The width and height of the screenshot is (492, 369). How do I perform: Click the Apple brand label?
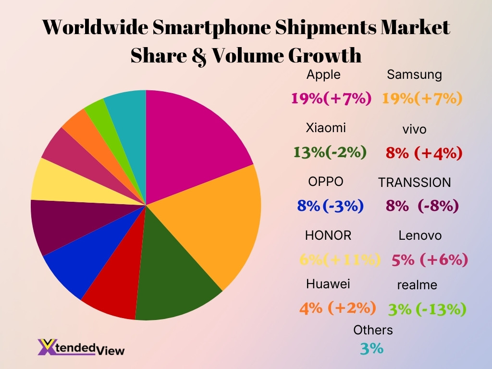pyautogui.click(x=323, y=74)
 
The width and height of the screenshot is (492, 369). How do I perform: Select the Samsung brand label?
pyautogui.click(x=414, y=74)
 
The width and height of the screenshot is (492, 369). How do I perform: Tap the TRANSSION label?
pyautogui.click(x=414, y=183)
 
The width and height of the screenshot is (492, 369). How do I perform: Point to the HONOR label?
pyautogui.click(x=328, y=235)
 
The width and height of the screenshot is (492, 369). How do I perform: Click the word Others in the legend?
pyautogui.click(x=373, y=330)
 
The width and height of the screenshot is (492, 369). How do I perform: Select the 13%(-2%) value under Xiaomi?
pyautogui.click(x=330, y=152)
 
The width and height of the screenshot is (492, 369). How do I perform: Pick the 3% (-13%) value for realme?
pyautogui.click(x=427, y=309)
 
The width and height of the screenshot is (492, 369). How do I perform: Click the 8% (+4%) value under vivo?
pyautogui.click(x=424, y=153)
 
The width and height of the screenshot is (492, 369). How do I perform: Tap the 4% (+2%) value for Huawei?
pyautogui.click(x=337, y=307)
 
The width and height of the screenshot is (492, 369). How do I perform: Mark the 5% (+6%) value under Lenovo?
pyautogui.click(x=430, y=260)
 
